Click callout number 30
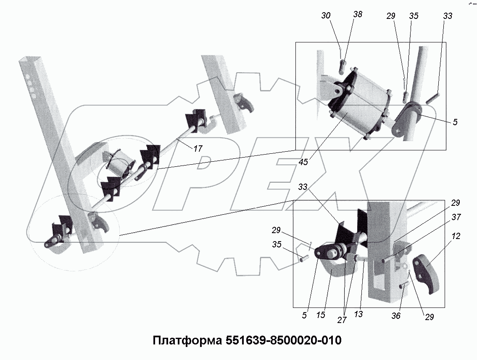326,16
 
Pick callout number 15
321,315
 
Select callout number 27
342,320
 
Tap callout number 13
358,313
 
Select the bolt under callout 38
343,65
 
